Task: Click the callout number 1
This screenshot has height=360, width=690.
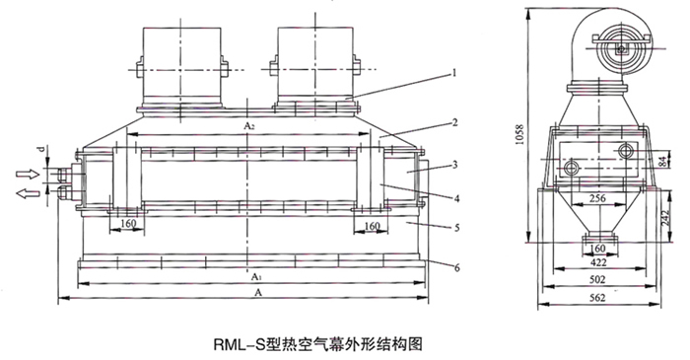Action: pyautogui.click(x=454, y=73)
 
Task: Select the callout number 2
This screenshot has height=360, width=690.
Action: pyautogui.click(x=455, y=122)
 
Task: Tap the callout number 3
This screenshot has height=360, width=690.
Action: pyautogui.click(x=455, y=165)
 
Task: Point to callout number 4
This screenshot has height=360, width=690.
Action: pyautogui.click(x=456, y=198)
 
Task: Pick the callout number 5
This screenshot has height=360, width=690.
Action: pyautogui.click(x=456, y=228)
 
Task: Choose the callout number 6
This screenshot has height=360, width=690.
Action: pyautogui.click(x=456, y=267)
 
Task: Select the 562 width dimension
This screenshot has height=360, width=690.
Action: pyautogui.click(x=597, y=298)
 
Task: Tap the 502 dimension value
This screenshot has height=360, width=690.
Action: pyautogui.click(x=597, y=279)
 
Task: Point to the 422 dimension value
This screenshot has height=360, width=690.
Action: pyautogui.click(x=597, y=262)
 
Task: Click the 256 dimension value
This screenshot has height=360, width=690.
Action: pyautogui.click(x=597, y=198)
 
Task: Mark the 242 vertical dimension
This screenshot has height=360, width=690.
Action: pyautogui.click(x=665, y=218)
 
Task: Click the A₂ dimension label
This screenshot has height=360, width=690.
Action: pyautogui.click(x=249, y=126)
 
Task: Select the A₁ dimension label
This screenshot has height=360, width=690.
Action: pyautogui.click(x=255, y=277)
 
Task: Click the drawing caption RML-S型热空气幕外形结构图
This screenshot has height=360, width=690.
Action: pyautogui.click(x=318, y=343)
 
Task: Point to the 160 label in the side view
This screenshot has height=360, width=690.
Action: pyautogui.click(x=597, y=249)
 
